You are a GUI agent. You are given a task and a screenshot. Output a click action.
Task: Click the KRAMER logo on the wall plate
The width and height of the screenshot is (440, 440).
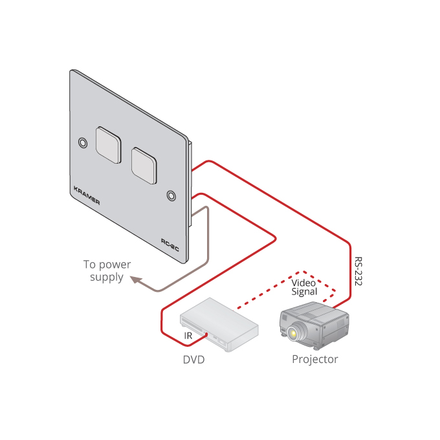tap(87, 194)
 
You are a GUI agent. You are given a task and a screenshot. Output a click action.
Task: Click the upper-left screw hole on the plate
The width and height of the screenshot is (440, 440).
tap(82, 142)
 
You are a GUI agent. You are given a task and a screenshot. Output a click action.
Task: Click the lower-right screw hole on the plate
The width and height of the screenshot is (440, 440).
tap(171, 195)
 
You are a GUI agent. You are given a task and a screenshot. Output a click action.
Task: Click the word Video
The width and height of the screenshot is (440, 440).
tap(303, 282)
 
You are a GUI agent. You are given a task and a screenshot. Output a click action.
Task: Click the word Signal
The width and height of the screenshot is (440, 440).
tap(303, 292)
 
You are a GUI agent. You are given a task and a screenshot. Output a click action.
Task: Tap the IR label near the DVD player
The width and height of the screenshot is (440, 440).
tap(188, 336)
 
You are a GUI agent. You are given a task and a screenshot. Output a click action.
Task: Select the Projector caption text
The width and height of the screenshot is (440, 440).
tap(315, 359)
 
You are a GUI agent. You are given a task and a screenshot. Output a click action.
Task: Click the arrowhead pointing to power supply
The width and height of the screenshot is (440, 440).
tap(135, 280)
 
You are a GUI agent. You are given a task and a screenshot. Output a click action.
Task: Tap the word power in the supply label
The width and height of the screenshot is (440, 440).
tap(116, 265)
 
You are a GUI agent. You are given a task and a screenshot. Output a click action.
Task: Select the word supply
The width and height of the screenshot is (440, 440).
tap(107, 277)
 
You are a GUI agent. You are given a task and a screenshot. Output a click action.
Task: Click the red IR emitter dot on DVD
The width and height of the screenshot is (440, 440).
tap(206, 335)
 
